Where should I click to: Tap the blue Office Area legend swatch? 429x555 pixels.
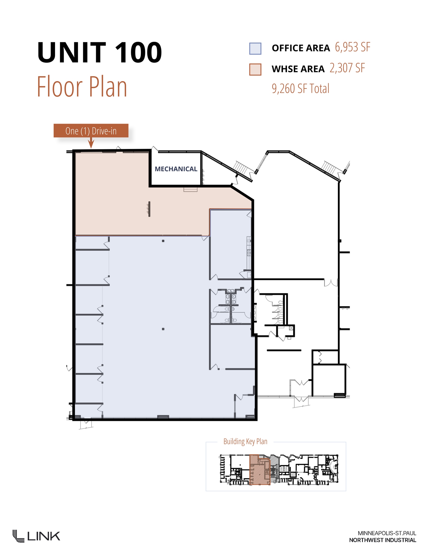click(255, 49)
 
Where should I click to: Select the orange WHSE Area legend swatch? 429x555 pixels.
click(255, 69)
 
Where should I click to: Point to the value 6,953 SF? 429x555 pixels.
click(352, 47)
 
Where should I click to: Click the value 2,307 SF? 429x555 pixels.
click(347, 68)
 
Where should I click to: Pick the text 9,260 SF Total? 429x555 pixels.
click(300, 89)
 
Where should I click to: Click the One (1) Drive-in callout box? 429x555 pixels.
click(91, 131)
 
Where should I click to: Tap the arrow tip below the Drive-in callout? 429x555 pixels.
click(91, 147)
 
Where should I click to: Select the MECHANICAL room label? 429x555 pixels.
click(176, 169)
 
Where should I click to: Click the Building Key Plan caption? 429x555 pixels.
click(245, 441)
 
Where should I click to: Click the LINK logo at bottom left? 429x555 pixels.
click(36, 536)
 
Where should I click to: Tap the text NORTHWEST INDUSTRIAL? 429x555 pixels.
click(382, 540)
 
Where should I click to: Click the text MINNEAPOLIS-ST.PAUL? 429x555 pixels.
click(387, 533)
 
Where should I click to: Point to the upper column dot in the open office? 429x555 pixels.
click(163, 241)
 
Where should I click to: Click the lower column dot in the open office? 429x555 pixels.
click(163, 329)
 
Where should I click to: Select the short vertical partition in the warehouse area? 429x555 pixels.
click(149, 209)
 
